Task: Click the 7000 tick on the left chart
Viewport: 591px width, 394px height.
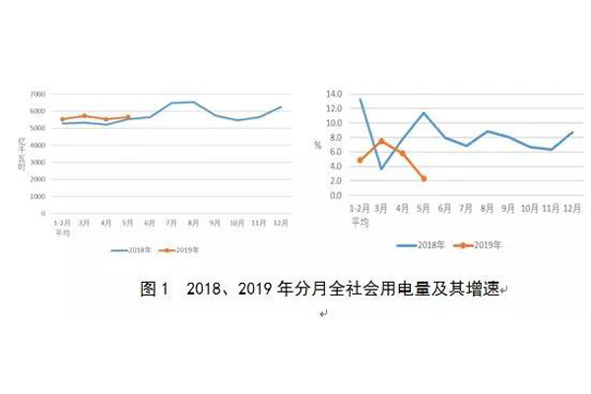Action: [x=34, y=94]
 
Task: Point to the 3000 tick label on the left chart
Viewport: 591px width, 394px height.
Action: [x=34, y=162]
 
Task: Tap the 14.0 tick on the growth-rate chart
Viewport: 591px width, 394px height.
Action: [x=333, y=95]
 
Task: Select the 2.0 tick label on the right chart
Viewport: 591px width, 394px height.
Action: [x=335, y=180]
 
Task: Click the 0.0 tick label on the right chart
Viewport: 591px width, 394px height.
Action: [x=335, y=195]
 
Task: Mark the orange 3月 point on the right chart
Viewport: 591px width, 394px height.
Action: [x=381, y=141]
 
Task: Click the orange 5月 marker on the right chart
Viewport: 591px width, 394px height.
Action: [x=423, y=178]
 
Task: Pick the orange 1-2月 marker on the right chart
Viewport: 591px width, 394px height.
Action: [x=361, y=160]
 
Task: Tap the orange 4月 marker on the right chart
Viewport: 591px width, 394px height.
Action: [x=402, y=153]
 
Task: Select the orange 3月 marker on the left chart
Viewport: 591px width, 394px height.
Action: [x=85, y=115]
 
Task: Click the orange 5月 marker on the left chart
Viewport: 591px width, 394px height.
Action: [x=128, y=117]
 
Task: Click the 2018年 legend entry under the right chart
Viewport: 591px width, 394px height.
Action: [x=421, y=242]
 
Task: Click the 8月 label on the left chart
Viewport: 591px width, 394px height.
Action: [x=193, y=222]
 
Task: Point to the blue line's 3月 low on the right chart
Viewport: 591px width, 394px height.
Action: [x=381, y=168]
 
